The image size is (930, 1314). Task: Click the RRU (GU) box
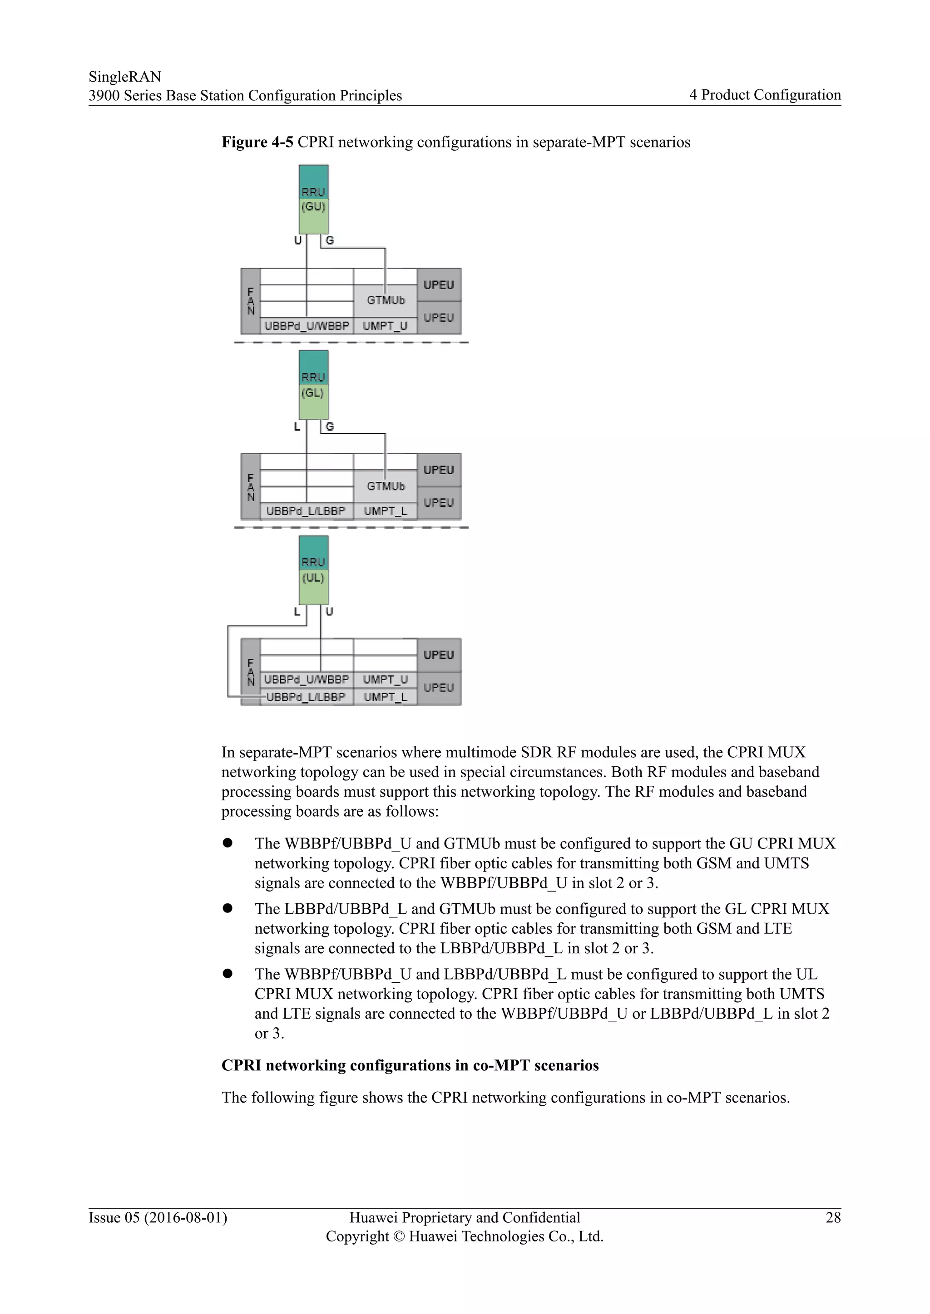point(314,199)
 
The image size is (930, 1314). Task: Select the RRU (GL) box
point(314,385)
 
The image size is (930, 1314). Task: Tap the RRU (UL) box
point(314,569)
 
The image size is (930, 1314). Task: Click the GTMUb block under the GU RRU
point(386,300)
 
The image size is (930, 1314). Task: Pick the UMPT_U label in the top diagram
point(386,326)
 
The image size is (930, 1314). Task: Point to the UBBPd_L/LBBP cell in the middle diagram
point(307,511)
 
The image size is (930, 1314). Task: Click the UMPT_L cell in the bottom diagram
point(386,697)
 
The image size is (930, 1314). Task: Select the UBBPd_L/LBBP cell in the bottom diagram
point(307,697)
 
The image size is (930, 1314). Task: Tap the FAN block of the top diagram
point(251,301)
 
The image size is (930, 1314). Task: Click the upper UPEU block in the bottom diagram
point(439,655)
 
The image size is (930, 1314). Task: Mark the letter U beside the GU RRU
point(298,241)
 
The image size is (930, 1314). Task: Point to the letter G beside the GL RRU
point(330,427)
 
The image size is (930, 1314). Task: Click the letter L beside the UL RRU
point(297,612)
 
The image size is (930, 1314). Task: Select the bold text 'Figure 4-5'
point(257,142)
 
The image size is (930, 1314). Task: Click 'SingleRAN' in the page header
point(125,77)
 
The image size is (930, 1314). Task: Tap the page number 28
point(833,1217)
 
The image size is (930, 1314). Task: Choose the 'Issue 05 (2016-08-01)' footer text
point(158,1217)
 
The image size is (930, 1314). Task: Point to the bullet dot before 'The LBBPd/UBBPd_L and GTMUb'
point(228,909)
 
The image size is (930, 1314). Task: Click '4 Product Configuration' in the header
point(765,95)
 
